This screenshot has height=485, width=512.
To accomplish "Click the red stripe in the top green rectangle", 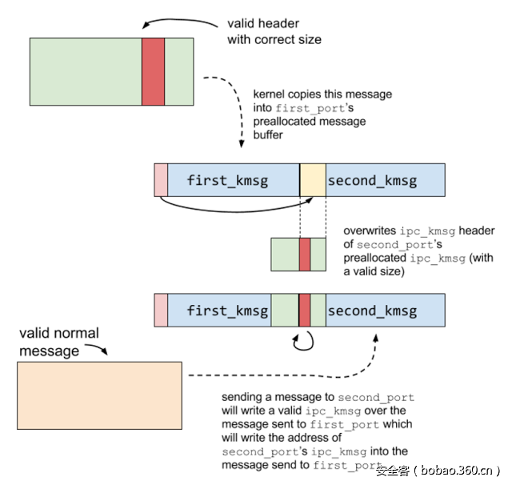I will coord(153,71).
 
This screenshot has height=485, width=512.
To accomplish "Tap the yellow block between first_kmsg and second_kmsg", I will coord(313,180).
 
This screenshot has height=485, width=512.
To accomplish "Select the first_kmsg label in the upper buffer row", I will coord(227,180).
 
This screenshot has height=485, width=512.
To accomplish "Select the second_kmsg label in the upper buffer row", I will coord(372,180).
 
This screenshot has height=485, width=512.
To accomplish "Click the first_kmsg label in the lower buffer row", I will coord(227,310).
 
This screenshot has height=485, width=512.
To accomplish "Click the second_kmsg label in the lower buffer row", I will coord(372,310).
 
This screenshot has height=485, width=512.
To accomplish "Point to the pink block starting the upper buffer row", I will coord(161,180).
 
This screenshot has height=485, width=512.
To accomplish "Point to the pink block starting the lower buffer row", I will coord(161,310).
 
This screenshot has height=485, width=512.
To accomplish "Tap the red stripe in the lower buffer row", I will coord(304,310).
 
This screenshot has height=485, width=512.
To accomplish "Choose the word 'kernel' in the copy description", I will coord(269,94).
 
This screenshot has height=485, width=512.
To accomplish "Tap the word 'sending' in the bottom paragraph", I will coord(242,397).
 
